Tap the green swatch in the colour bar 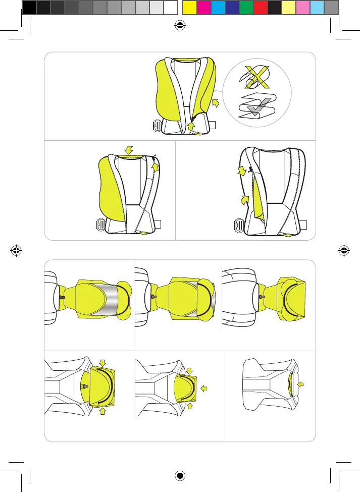tap(246, 7)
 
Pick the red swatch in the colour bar tap(260, 7)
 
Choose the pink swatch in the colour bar tap(302, 7)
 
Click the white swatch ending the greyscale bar tap(171, 7)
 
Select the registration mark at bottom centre tap(180, 475)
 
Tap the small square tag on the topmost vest tap(214, 124)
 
